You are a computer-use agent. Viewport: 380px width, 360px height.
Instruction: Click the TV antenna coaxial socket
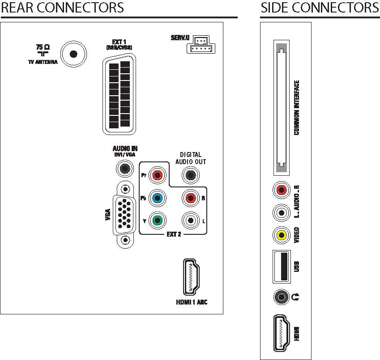pos(73,54)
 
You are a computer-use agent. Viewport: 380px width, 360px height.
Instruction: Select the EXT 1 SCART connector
pos(119,94)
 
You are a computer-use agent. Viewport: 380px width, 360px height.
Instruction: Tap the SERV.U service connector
pos(201,45)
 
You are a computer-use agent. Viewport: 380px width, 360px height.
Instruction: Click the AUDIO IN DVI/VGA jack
pos(125,169)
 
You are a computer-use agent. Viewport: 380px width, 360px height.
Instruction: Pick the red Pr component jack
pos(158,175)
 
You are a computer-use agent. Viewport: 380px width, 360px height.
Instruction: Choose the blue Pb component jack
pos(158,198)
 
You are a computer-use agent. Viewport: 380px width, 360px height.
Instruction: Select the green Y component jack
pos(158,220)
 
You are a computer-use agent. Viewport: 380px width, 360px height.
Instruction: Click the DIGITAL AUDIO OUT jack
pos(191,175)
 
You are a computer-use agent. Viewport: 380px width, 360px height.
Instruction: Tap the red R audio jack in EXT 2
pos(191,198)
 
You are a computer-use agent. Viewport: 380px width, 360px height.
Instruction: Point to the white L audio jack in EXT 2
pos(191,220)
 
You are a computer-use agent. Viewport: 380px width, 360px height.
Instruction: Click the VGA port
pos(125,215)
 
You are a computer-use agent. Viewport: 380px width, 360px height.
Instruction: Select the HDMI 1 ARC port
pos(191,277)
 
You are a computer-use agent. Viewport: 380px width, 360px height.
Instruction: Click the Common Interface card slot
pos(282,108)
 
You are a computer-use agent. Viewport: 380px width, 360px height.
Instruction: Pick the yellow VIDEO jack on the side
pos(282,235)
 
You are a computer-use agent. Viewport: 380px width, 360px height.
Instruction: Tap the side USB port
pos(282,267)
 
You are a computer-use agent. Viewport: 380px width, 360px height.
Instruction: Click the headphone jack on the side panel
pos(282,297)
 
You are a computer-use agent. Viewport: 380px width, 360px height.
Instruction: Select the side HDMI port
pos(282,333)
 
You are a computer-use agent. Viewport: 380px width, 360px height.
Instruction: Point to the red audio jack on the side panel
pos(282,190)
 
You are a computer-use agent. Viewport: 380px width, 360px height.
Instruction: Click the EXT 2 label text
pos(174,234)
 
